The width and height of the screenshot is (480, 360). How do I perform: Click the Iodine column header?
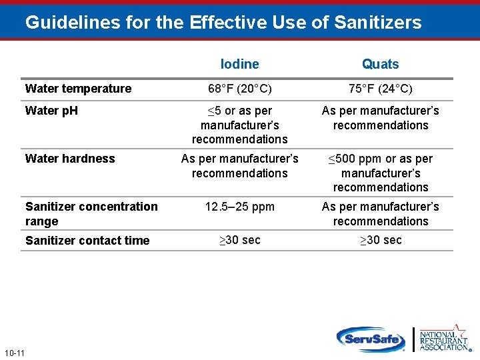tap(239, 64)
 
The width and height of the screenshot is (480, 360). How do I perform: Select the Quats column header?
tap(380, 64)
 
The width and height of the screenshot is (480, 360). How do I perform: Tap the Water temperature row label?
tap(78, 89)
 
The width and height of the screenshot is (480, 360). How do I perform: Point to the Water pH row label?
tap(51, 111)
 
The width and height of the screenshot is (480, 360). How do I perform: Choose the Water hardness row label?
tap(70, 159)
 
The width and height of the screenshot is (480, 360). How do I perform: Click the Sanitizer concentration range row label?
tap(91, 213)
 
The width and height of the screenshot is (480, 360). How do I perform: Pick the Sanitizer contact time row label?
tap(87, 241)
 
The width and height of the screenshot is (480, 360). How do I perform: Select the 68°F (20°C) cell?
tap(239, 89)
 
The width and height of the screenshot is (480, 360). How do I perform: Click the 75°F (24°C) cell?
tap(380, 89)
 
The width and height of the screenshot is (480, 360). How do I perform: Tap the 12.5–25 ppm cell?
tap(239, 207)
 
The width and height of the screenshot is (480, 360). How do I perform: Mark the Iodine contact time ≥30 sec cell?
tap(239, 240)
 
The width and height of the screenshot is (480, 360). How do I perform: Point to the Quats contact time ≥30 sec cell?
tap(380, 240)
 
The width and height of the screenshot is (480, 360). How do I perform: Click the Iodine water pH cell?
tap(239, 125)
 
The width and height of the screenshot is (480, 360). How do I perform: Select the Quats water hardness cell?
tap(380, 173)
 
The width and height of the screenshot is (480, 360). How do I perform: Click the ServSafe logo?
tap(371, 338)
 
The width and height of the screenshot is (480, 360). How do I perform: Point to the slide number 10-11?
tap(14, 352)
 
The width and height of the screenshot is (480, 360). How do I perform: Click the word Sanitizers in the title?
tap(378, 23)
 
